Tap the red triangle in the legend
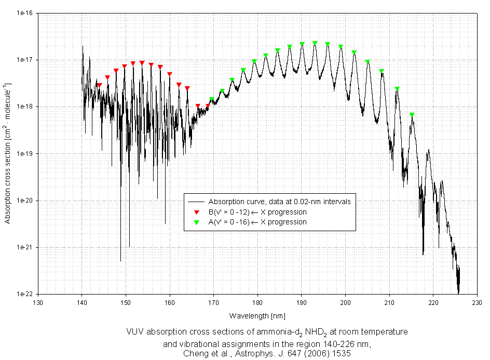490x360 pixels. (x=196, y=212)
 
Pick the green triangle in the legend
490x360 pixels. (x=196, y=222)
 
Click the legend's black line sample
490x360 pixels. (x=196, y=202)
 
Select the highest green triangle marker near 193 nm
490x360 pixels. (x=315, y=44)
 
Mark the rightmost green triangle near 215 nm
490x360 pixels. (x=412, y=115)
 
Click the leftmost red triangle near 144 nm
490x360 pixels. (x=99, y=85)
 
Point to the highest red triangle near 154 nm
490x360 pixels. (x=142, y=63)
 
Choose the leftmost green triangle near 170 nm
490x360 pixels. (x=212, y=99)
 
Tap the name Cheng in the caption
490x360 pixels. (x=195, y=353)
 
